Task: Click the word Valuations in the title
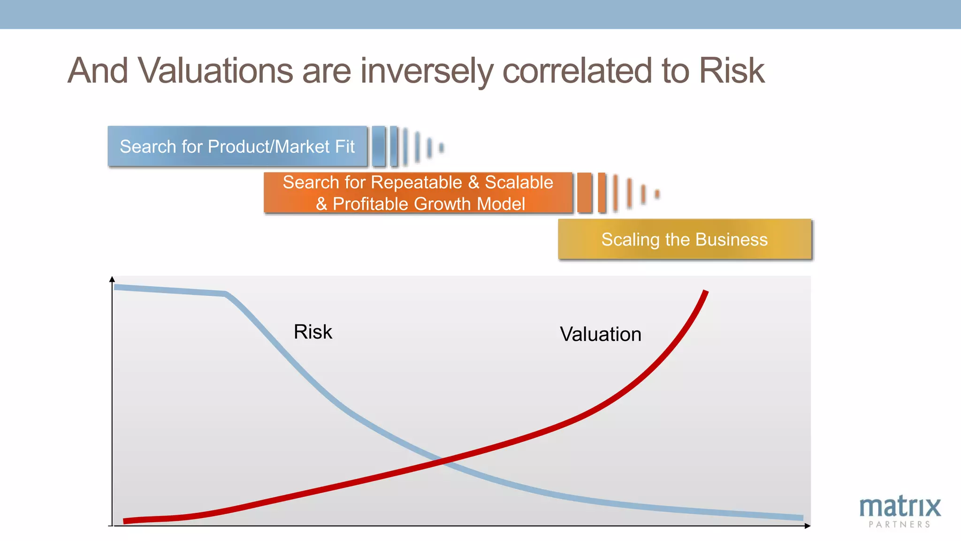216,70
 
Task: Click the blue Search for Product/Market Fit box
237,147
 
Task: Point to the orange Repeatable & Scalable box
418,193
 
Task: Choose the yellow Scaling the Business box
685,240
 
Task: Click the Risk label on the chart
313,332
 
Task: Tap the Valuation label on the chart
600,334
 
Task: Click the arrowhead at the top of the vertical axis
112,279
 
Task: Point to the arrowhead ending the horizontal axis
807,526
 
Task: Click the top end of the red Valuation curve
705,292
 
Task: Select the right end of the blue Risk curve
801,518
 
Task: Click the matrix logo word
900,507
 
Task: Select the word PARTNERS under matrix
900,525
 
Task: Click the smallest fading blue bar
441,148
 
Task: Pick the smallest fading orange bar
657,194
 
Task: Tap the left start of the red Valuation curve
125,520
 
